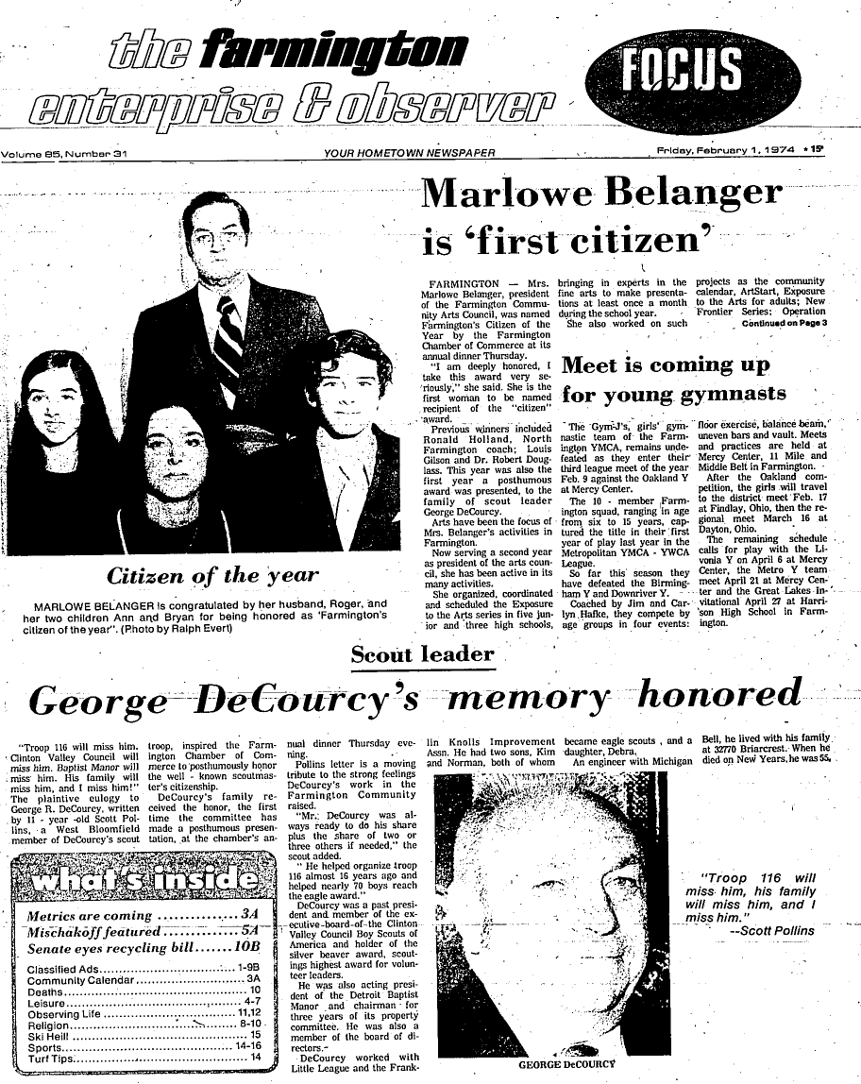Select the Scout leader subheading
pyautogui.click(x=422, y=653)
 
